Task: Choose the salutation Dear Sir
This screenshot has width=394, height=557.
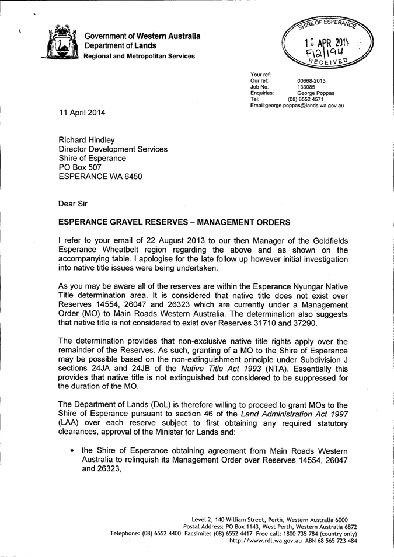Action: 75,204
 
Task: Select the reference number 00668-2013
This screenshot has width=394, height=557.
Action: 311,81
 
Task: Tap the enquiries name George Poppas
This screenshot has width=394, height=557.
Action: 316,93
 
